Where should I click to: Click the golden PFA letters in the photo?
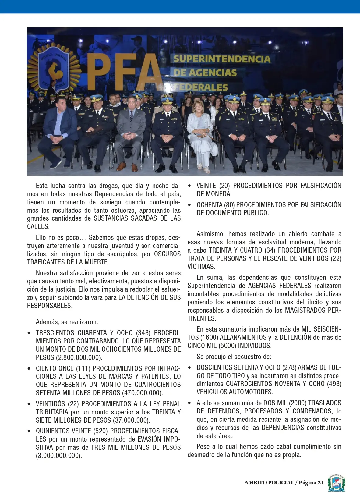point(125,72)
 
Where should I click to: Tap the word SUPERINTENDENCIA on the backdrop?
point(222,59)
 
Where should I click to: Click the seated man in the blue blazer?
point(59,131)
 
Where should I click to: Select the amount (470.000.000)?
point(142,393)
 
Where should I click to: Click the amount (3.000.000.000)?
point(59,456)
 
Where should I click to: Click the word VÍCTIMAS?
point(201,267)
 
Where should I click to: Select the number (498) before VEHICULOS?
point(334,384)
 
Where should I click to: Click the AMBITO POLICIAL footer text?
point(269,483)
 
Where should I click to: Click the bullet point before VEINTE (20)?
point(190,186)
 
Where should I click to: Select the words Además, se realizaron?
point(67,322)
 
